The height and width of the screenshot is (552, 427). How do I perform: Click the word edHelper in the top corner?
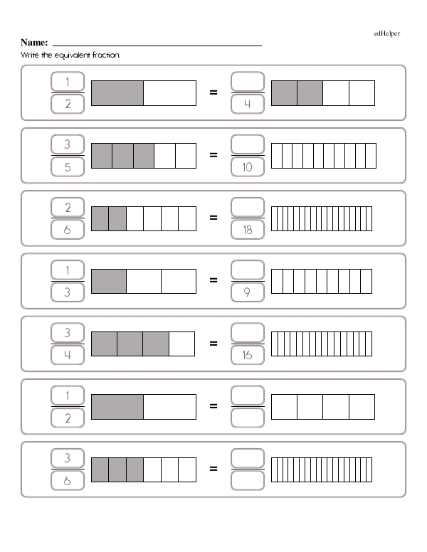tap(387, 34)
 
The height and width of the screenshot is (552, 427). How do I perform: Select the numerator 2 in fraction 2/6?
tap(68, 207)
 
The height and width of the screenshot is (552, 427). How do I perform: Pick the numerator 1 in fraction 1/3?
tap(68, 270)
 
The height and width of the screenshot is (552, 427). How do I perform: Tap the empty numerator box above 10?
tap(247, 144)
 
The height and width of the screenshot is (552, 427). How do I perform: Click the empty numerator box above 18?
tap(247, 207)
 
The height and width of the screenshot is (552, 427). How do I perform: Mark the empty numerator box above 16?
tap(247, 332)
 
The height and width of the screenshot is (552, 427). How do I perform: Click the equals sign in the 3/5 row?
tap(213, 155)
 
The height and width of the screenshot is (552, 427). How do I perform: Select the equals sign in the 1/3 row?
tap(213, 280)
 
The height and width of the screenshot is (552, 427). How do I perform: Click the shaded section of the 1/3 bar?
tap(109, 280)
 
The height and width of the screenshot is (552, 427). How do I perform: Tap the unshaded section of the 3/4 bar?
tap(182, 343)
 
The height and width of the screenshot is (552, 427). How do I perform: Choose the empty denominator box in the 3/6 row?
tap(247, 480)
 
